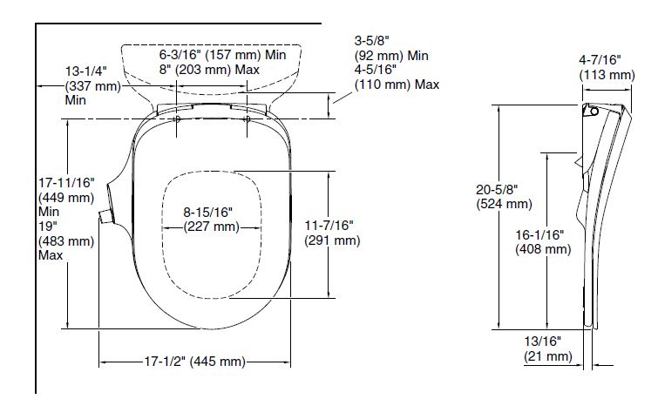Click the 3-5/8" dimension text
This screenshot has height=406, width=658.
(x=373, y=41)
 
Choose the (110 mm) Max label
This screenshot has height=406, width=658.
(x=397, y=85)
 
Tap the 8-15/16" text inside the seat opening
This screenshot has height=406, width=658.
(x=208, y=213)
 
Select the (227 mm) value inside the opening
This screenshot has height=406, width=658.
(x=211, y=227)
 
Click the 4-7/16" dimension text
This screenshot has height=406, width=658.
(x=600, y=60)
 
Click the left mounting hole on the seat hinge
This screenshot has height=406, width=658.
(x=177, y=118)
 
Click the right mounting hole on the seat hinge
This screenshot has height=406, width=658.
(x=248, y=118)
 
